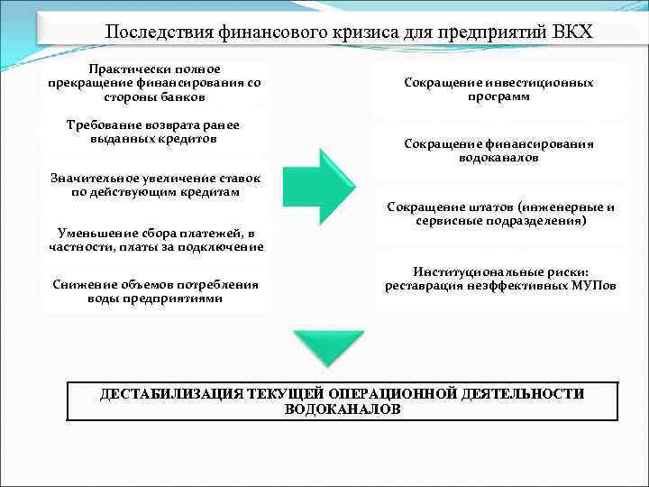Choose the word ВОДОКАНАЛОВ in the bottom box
[343, 409]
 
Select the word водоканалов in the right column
[498, 158]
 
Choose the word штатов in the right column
[483, 207]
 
